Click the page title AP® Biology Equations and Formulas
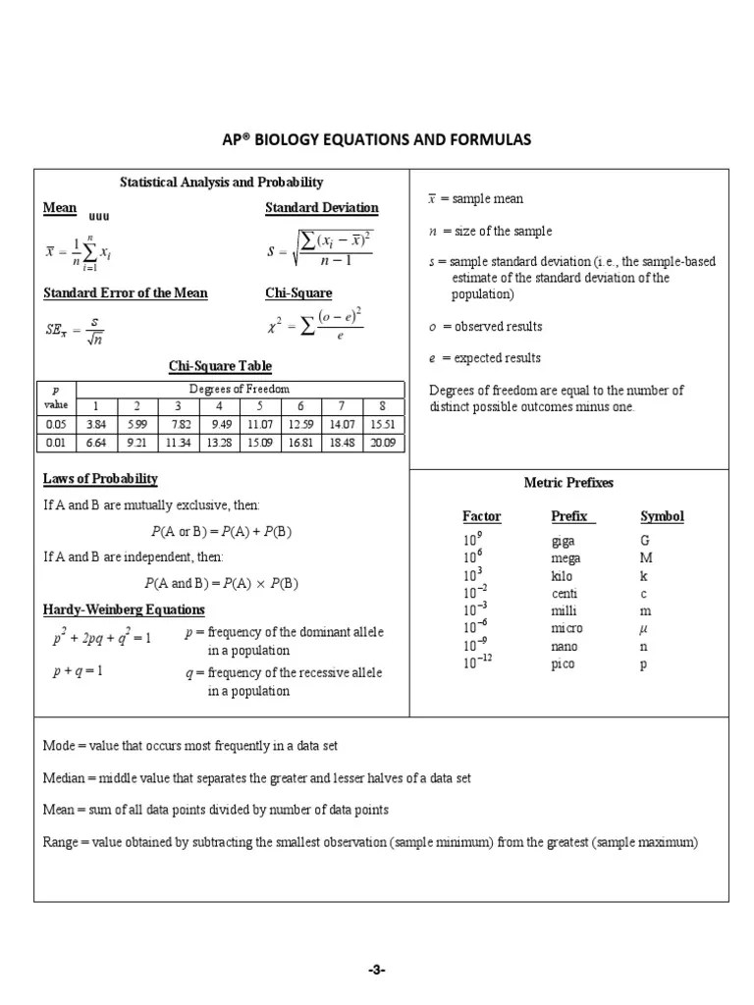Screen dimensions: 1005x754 (377, 139)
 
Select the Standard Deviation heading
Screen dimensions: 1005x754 (321, 208)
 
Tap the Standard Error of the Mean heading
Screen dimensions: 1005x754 (125, 293)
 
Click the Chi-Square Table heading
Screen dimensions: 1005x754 (220, 366)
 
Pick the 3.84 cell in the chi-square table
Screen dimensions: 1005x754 (95, 424)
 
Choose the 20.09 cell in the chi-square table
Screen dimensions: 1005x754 (383, 443)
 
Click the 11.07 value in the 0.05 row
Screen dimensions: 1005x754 (259, 424)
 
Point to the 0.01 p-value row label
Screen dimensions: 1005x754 (55, 443)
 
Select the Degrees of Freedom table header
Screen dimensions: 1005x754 (241, 390)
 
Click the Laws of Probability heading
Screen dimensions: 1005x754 (100, 479)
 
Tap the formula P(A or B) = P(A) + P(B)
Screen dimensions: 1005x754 (221, 531)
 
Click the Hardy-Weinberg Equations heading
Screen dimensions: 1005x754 (117, 609)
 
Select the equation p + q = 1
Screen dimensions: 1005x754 (78, 671)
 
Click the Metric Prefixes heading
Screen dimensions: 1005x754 (569, 483)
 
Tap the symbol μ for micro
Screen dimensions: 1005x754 (644, 628)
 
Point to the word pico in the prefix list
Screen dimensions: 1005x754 (565, 664)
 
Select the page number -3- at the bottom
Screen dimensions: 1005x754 (377, 971)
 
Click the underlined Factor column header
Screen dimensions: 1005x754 (481, 516)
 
